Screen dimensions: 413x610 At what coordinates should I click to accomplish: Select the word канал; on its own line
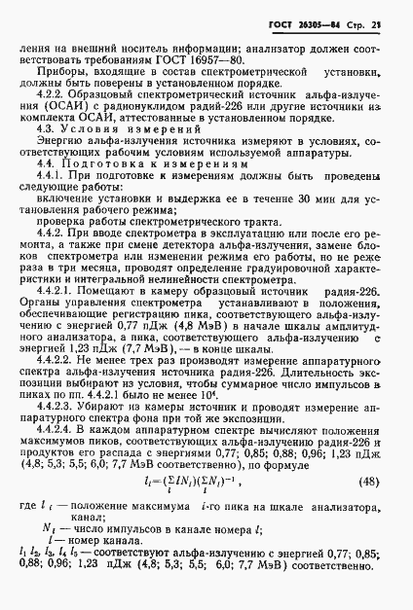pyautogui.click(x=93, y=563)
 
